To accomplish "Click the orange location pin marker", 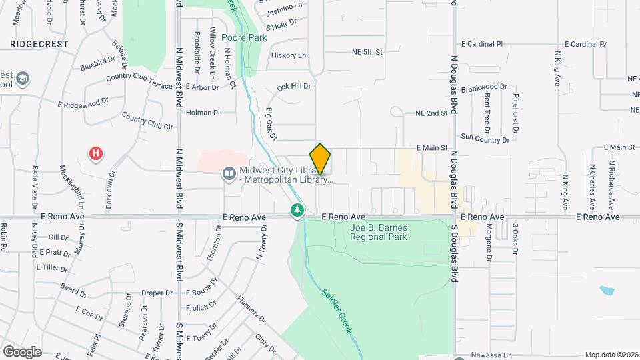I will pos(321,159).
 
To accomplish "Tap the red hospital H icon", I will pos(97,154).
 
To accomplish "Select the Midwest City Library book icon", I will pos(229,174).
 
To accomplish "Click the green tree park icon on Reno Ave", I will pos(297,211).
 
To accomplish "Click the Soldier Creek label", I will pos(336,311).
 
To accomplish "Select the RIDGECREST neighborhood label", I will pos(40,43).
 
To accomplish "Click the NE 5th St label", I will pos(367,51).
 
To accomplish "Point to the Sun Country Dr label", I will pos(485,139).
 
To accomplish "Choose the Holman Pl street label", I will pos(203,113).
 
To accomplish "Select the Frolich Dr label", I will pos(201,308).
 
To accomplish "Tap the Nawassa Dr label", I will pos(490,355).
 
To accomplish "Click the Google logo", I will pos(22,351).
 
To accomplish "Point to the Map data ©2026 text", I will pos(610,355).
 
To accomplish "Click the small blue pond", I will pos(607,291).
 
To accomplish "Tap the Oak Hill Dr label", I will pos(294,86).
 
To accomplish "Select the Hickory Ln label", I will pos(289,55).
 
